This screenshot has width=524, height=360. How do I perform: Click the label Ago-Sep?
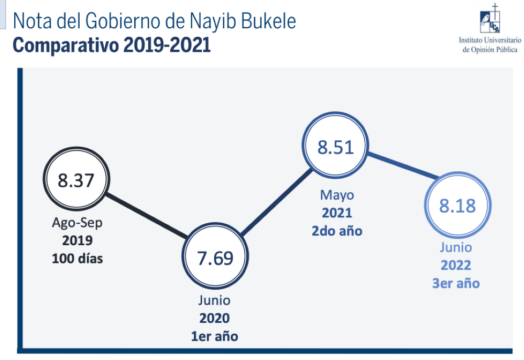(77, 223)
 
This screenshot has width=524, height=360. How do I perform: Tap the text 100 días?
(77, 258)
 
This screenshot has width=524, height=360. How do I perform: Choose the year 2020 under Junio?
(214, 318)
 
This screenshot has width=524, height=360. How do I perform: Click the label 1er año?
(214, 336)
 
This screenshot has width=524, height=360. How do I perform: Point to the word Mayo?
(337, 195)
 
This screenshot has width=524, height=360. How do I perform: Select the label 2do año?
(337, 231)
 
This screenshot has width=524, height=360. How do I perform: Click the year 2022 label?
(456, 265)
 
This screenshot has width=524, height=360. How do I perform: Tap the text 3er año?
(456, 283)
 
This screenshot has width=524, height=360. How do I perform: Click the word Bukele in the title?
(268, 21)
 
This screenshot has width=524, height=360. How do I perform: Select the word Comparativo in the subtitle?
(65, 46)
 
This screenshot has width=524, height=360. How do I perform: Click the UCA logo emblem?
(490, 19)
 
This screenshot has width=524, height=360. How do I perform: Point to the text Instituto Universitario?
(490, 40)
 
